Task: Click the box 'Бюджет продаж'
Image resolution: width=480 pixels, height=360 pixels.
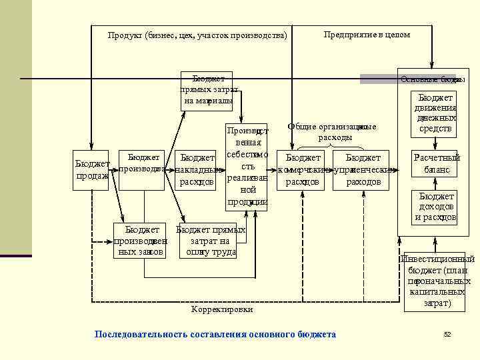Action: (x=91, y=170)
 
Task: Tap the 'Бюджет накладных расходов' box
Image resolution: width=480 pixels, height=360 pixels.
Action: (x=196, y=170)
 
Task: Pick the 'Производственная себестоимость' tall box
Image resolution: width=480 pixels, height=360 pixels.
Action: (x=246, y=165)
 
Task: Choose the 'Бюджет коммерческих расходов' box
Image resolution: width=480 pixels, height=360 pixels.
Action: (x=303, y=170)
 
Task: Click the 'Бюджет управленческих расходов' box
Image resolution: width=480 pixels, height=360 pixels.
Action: (x=364, y=170)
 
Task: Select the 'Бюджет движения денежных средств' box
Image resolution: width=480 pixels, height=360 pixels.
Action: (x=435, y=113)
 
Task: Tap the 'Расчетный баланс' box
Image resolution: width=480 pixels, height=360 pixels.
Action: (x=436, y=164)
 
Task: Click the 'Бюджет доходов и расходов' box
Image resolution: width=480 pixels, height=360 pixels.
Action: (x=435, y=207)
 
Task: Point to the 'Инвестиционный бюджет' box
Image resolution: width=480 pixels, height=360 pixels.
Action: (x=437, y=281)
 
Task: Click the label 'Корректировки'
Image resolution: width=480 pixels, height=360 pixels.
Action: (x=222, y=309)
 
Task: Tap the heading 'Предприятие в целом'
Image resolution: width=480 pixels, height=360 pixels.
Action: (x=367, y=35)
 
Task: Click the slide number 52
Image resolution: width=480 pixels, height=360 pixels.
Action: (x=447, y=334)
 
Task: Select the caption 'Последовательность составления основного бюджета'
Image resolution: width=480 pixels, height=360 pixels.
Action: (x=215, y=334)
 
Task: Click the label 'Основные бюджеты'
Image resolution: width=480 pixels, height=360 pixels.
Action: (x=432, y=79)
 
